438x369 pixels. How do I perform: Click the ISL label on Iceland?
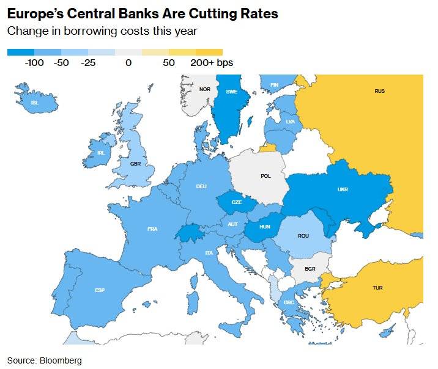tap(34, 103)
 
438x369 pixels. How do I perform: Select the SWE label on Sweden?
tap(232, 92)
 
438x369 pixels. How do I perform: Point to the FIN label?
tap(274, 85)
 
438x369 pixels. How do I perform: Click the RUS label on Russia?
tap(379, 91)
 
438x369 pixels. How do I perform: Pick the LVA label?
tap(290, 122)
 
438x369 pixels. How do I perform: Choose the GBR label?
tap(135, 164)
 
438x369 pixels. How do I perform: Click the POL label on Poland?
tap(265, 176)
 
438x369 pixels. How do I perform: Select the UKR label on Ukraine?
tap(343, 189)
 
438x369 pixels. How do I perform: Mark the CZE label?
tap(236, 202)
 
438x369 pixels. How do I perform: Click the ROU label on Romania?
tap(303, 236)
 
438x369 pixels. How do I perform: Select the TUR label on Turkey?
tap(377, 287)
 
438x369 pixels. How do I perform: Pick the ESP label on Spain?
tap(99, 290)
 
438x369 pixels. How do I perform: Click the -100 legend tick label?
tap(34, 62)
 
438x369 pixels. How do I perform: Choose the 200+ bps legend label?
tap(212, 62)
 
